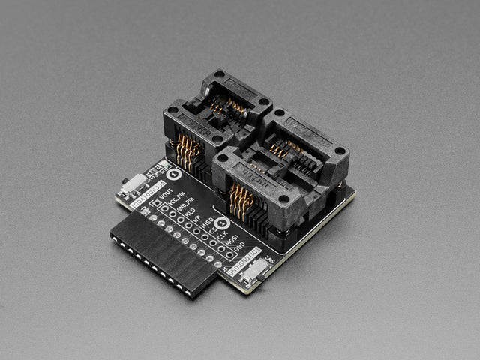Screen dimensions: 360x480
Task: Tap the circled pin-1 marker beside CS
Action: pyautogui.click(x=221, y=223)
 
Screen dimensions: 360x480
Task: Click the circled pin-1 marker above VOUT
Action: pyautogui.click(x=174, y=175)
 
